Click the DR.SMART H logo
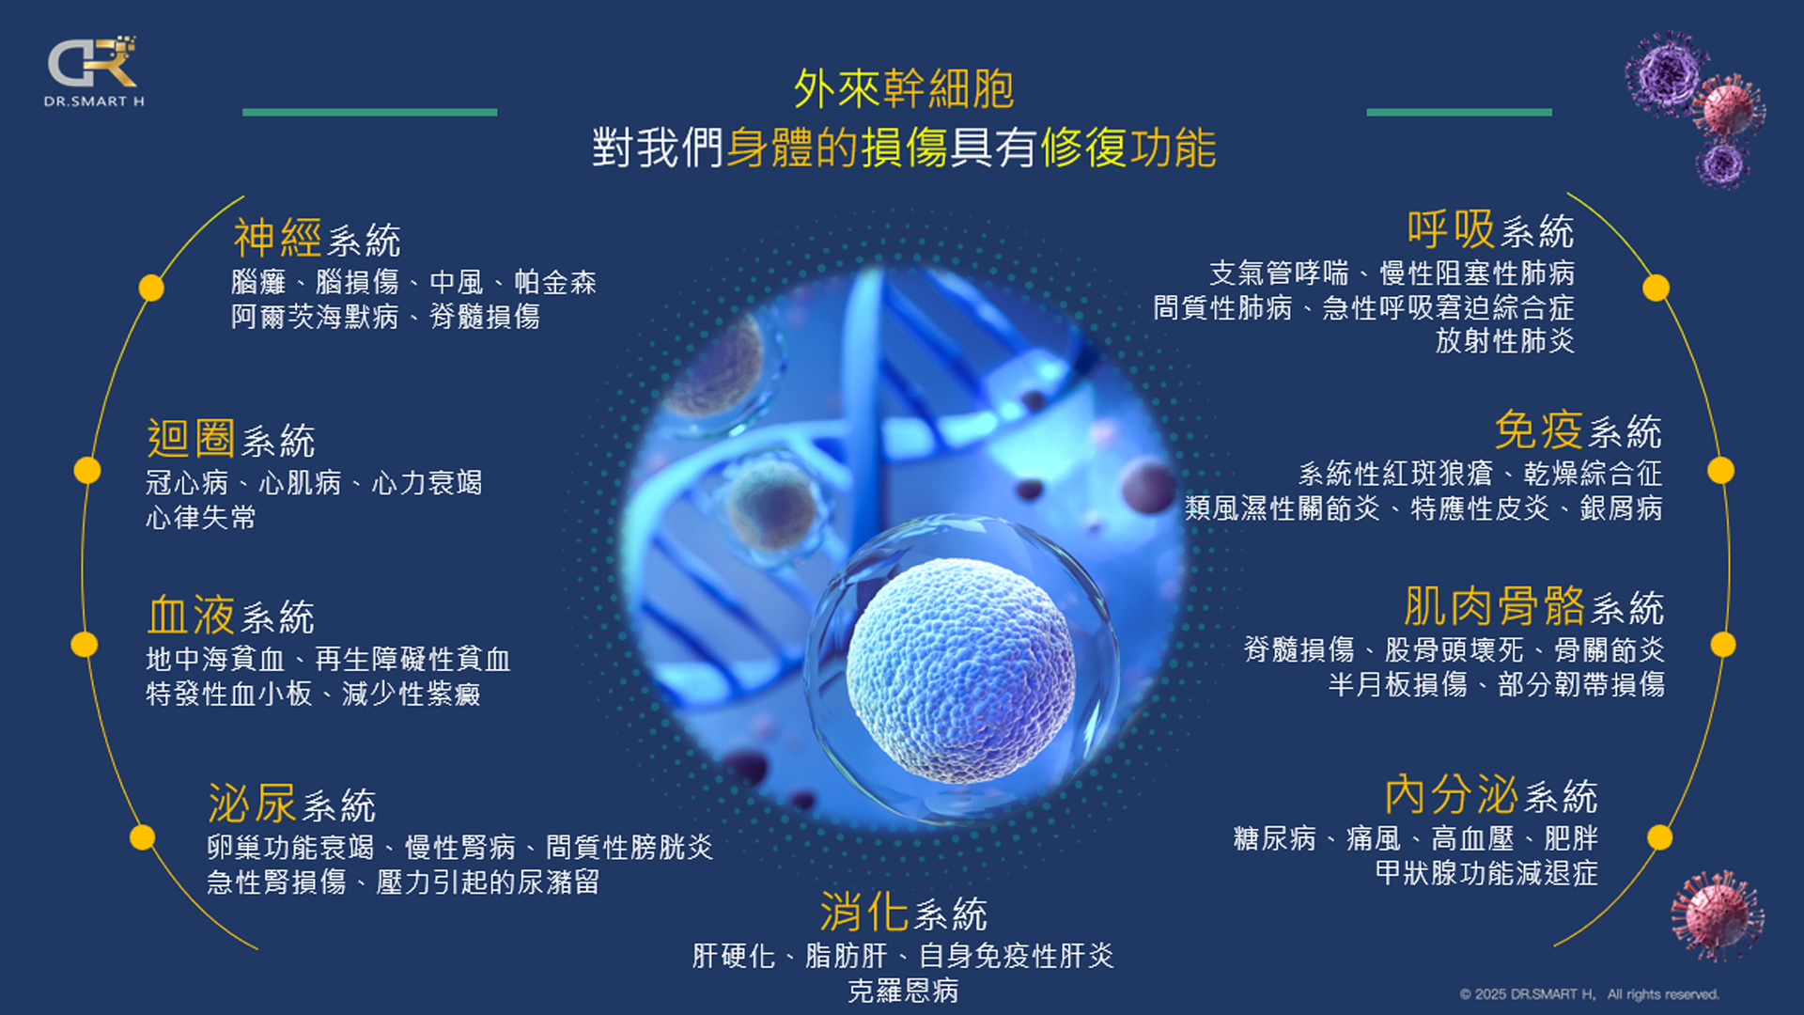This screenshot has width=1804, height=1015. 94,71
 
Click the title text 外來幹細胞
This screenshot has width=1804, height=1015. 903,89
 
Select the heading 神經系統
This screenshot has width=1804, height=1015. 317,239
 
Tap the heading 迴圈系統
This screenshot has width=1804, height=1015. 230,439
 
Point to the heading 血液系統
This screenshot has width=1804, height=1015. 230,616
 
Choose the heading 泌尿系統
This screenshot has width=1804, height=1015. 291,804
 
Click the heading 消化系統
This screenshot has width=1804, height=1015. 903,913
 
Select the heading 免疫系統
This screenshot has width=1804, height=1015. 1578,431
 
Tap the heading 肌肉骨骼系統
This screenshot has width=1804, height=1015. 1534,607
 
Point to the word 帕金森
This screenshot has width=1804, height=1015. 555,282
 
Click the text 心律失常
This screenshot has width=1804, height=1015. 201,517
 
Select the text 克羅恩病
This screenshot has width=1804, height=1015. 903,991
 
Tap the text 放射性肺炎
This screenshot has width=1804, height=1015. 1505,340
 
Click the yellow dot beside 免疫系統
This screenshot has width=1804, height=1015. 1720,470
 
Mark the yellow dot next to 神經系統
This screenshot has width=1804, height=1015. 151,288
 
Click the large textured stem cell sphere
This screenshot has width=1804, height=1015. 960,669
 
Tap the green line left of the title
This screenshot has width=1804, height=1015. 369,112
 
